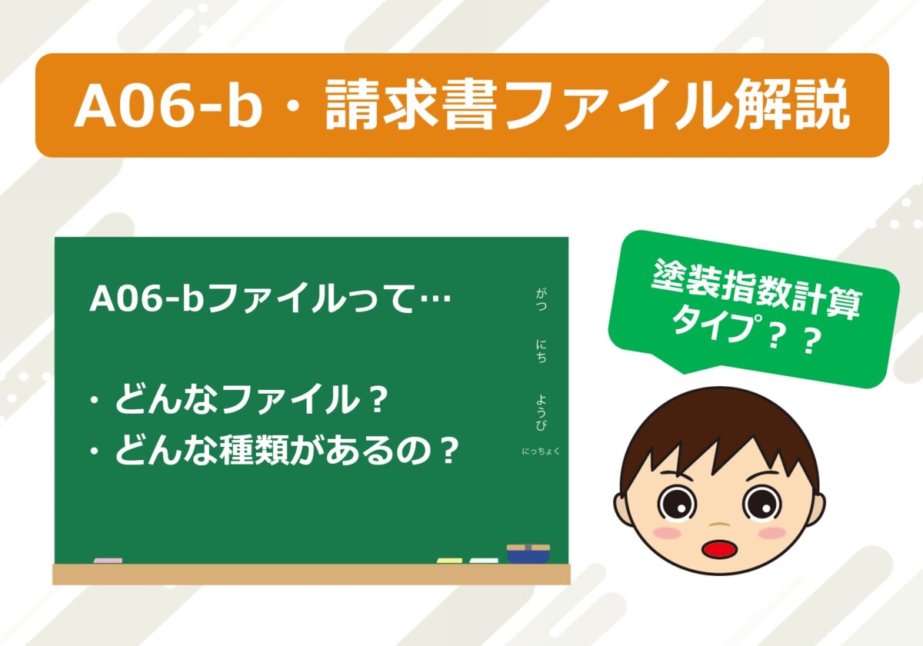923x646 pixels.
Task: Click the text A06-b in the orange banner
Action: tap(168, 105)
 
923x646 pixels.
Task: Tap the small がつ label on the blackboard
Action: tap(541, 299)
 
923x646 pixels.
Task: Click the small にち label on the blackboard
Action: tap(541, 351)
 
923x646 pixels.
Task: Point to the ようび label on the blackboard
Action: tap(541, 413)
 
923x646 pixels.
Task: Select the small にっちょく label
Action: tap(541, 451)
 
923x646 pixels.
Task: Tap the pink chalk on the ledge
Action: tap(108, 561)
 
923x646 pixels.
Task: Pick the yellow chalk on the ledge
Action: tap(449, 561)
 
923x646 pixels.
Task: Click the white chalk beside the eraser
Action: tap(484, 561)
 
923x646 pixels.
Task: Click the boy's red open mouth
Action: tap(719, 549)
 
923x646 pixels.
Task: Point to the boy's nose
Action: tap(719, 524)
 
